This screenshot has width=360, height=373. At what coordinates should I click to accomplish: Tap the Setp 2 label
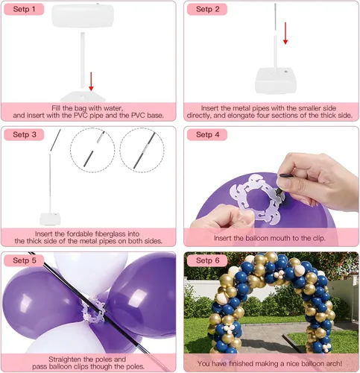[207, 10]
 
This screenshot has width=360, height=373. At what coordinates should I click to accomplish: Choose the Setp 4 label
[207, 134]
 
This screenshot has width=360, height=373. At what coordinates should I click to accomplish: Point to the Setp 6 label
[207, 260]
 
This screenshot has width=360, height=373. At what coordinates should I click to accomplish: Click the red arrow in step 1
[92, 81]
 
